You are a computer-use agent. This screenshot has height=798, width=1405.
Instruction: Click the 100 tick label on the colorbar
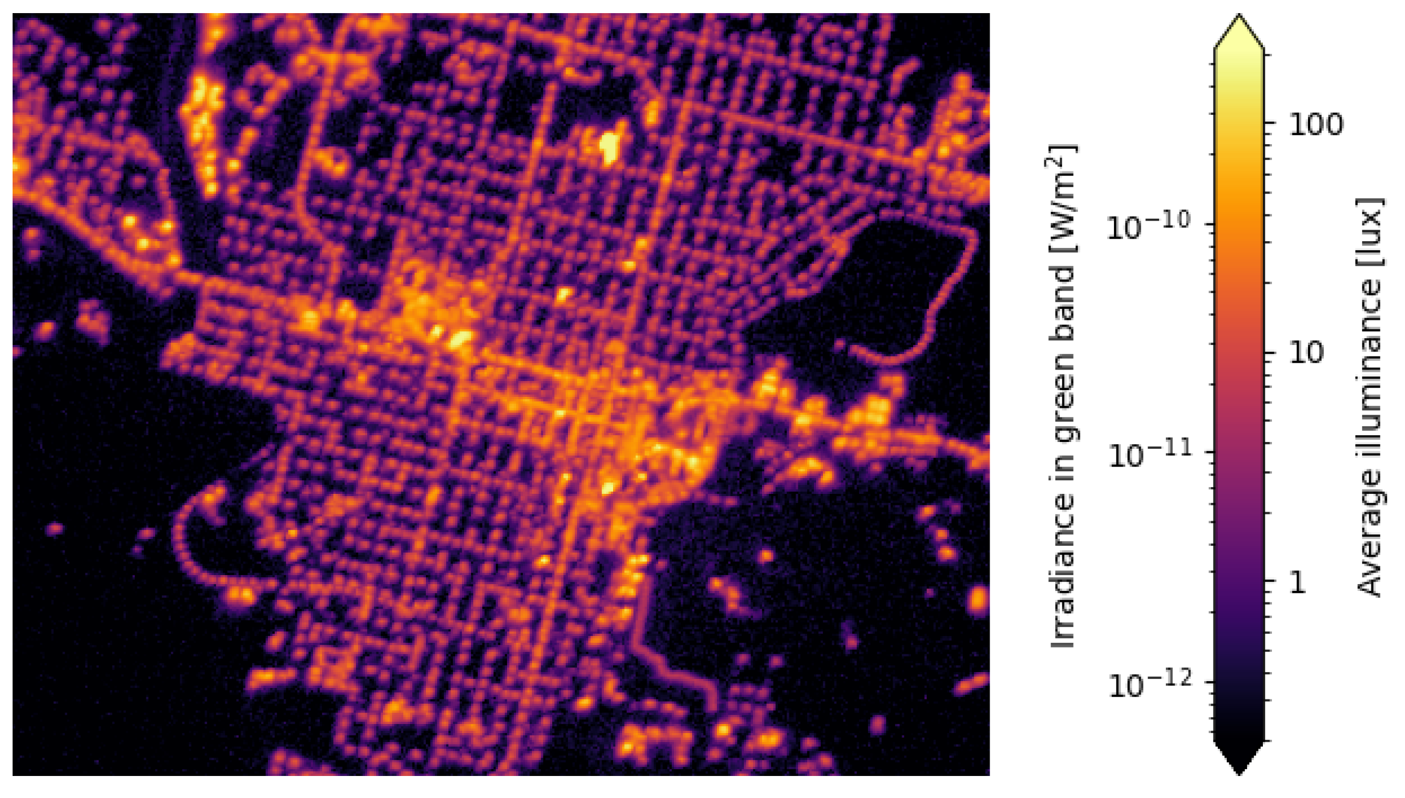coord(1316,125)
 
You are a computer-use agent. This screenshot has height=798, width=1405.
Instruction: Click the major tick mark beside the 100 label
coord(1271,125)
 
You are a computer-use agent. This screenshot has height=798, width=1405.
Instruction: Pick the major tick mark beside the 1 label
coord(1271,583)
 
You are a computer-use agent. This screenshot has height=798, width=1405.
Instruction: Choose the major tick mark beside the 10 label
coord(1271,353)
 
